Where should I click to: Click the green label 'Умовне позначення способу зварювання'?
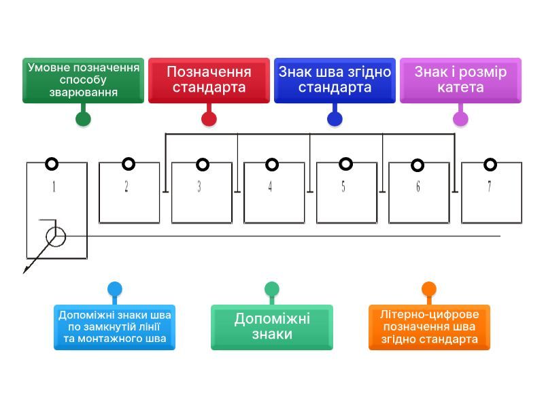[x=83, y=80]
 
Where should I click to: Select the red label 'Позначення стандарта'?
[x=209, y=80]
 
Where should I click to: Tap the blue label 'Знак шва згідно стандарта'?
[x=335, y=80]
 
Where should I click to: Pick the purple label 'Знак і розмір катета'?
[x=460, y=80]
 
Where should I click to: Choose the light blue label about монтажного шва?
[x=114, y=327]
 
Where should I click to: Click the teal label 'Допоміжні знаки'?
[x=272, y=327]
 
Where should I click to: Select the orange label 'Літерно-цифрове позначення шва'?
[x=429, y=327]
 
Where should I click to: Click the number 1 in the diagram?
[x=54, y=187]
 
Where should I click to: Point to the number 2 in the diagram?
[x=126, y=187]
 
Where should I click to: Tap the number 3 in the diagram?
[x=199, y=187]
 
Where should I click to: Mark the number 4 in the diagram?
[x=270, y=187]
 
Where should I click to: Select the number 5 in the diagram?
[x=343, y=187]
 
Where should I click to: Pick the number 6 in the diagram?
[x=418, y=187]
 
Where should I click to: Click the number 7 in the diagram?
[x=489, y=187]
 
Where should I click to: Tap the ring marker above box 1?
[x=52, y=164]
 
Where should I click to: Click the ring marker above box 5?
[x=345, y=164]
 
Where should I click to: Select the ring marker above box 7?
[x=490, y=164]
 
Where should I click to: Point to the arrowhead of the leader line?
[x=26, y=270]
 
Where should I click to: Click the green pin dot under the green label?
[x=83, y=119]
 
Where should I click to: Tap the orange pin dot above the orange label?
[x=429, y=289]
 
